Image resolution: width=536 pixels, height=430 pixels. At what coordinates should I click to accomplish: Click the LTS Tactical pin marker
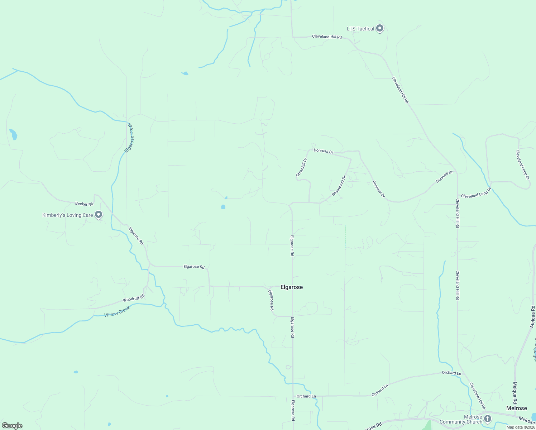380,28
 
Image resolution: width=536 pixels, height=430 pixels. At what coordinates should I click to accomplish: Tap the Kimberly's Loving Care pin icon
99,215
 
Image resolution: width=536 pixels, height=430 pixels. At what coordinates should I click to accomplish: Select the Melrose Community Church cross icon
487,419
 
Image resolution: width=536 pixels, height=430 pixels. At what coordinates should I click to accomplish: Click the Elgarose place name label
292,287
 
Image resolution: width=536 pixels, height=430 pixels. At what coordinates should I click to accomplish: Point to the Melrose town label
516,408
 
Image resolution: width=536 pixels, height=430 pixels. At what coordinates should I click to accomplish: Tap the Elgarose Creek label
129,138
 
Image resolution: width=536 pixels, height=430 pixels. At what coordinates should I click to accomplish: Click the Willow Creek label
117,312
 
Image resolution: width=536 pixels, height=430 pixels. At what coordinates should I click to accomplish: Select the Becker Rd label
84,204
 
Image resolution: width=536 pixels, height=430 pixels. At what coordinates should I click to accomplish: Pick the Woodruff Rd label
133,298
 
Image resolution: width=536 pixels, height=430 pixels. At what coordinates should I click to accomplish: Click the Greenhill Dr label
301,167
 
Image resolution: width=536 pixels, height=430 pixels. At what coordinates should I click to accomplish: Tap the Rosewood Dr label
339,186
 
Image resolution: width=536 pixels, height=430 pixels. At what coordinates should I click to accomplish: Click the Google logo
12,425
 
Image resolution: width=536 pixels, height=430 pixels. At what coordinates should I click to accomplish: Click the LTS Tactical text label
360,29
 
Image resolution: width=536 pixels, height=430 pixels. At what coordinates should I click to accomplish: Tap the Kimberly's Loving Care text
68,215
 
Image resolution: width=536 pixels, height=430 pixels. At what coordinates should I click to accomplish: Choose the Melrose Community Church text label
461,420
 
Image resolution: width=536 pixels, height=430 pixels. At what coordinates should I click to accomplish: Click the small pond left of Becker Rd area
13,134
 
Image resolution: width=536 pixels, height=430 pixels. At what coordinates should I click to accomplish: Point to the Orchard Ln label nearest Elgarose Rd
306,396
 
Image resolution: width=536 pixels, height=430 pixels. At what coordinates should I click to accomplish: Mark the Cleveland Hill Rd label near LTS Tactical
327,37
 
